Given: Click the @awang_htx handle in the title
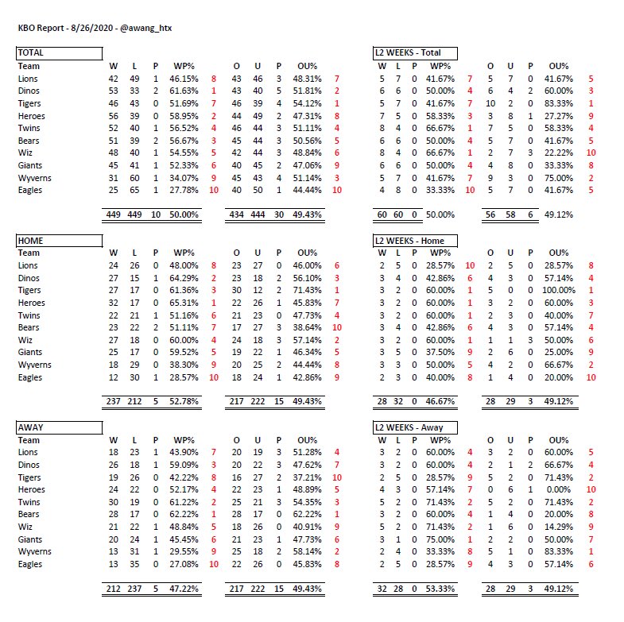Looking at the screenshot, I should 146,28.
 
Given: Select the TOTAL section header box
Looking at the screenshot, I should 60,53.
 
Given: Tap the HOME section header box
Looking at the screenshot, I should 60,240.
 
